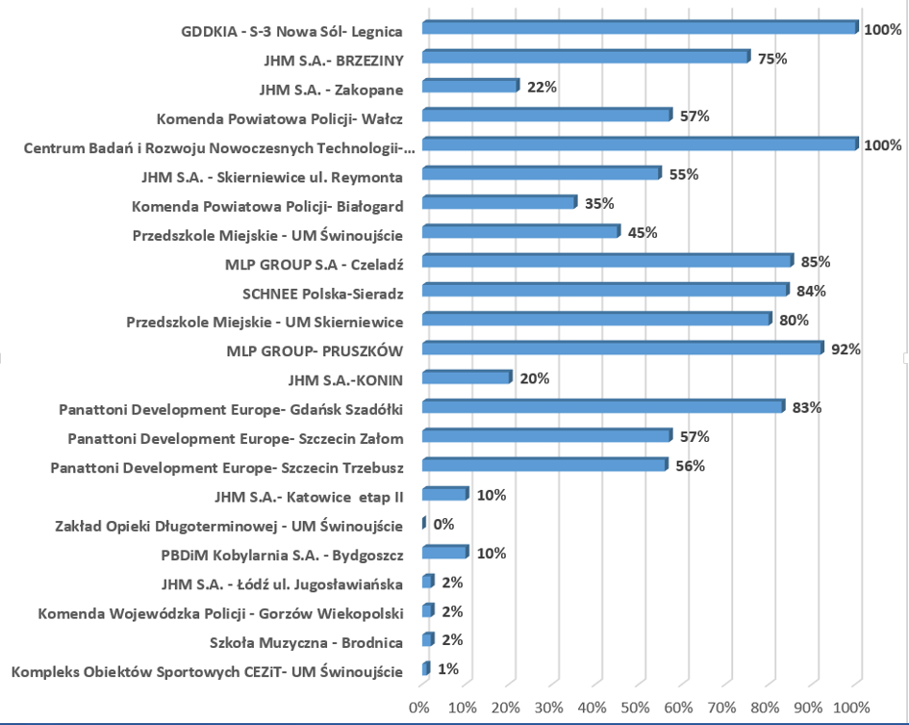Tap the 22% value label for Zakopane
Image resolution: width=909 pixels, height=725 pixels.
pyautogui.click(x=543, y=88)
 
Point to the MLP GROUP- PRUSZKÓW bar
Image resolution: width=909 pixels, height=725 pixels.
pyautogui.click(x=622, y=349)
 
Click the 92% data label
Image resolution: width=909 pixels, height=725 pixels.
pyautogui.click(x=846, y=350)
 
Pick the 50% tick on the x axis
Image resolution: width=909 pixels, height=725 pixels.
pyautogui.click(x=636, y=708)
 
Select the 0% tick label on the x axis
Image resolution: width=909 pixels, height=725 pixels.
pyautogui.click(x=419, y=708)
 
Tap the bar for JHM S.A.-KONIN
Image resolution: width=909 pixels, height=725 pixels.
pyautogui.click(x=467, y=377)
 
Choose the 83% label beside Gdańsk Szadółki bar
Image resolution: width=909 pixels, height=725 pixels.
pyautogui.click(x=806, y=407)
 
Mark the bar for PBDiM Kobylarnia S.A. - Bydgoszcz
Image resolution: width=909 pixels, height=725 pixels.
pyautogui.click(x=444, y=553)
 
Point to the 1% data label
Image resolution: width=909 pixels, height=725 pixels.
pyautogui.click(x=448, y=669)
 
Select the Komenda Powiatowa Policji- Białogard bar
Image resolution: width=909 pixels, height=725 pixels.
pyautogui.click(x=499, y=203)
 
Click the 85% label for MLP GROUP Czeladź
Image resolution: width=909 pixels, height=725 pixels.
pyautogui.click(x=815, y=262)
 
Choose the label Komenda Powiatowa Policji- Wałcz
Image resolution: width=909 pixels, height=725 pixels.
pyautogui.click(x=279, y=117)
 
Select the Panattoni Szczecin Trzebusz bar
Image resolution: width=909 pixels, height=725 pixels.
pyautogui.click(x=544, y=465)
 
